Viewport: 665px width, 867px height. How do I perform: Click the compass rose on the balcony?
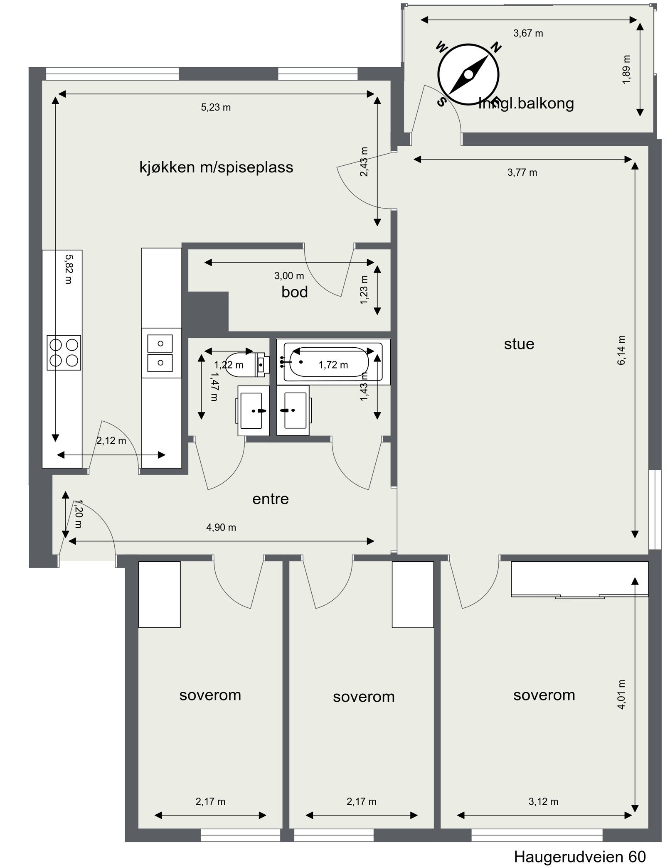click(468, 75)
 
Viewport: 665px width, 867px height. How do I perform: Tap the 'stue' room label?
click(519, 344)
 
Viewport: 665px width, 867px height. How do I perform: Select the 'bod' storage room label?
click(295, 292)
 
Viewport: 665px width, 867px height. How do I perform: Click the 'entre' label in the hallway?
click(271, 499)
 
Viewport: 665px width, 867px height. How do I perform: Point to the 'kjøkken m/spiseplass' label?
click(216, 167)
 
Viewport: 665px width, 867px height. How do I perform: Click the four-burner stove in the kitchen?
click(64, 352)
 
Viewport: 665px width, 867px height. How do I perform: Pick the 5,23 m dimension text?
click(216, 108)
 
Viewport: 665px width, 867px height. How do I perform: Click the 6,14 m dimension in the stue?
click(621, 350)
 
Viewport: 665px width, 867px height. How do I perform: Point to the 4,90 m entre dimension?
click(221, 528)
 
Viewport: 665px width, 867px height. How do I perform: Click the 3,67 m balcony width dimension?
click(528, 33)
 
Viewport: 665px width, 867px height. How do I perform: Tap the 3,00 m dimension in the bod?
click(289, 276)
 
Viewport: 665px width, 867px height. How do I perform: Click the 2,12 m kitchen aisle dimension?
click(111, 441)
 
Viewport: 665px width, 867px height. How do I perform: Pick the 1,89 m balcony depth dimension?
click(627, 69)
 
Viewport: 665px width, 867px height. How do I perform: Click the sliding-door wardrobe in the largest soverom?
click(579, 579)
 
